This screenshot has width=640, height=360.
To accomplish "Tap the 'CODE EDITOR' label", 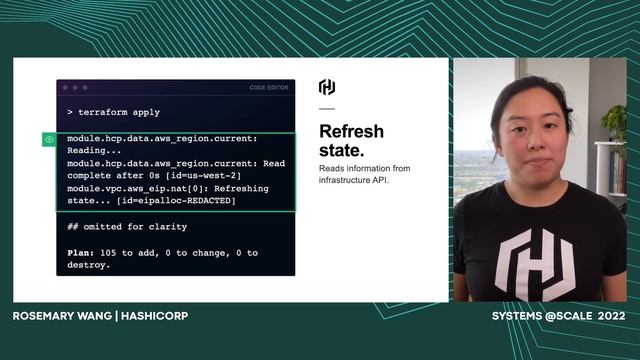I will coord(269,88).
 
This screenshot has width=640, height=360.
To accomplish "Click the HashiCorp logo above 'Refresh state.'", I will coord(327,87).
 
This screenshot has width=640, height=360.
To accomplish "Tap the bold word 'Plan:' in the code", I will coord(81,253).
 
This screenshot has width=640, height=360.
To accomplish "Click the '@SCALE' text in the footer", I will coord(569,316).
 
